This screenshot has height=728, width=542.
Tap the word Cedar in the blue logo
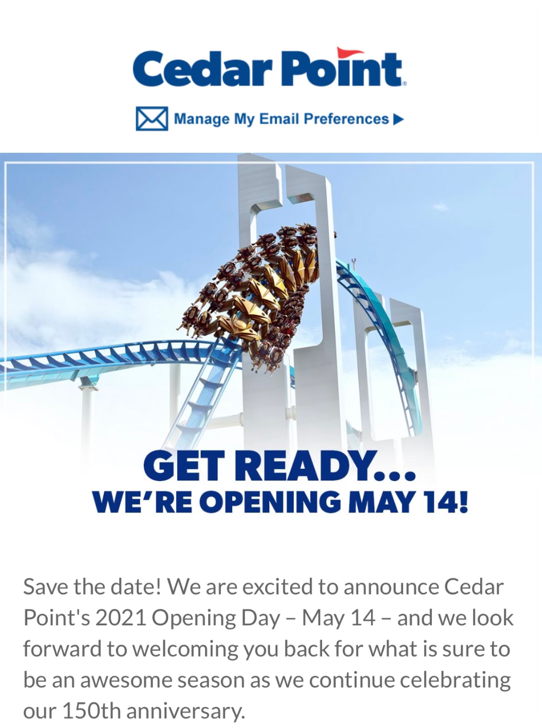click(x=202, y=69)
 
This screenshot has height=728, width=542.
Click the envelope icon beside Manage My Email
click(x=152, y=119)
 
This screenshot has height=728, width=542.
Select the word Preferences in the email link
click(x=346, y=119)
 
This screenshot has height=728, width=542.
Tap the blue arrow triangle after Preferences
click(x=398, y=119)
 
